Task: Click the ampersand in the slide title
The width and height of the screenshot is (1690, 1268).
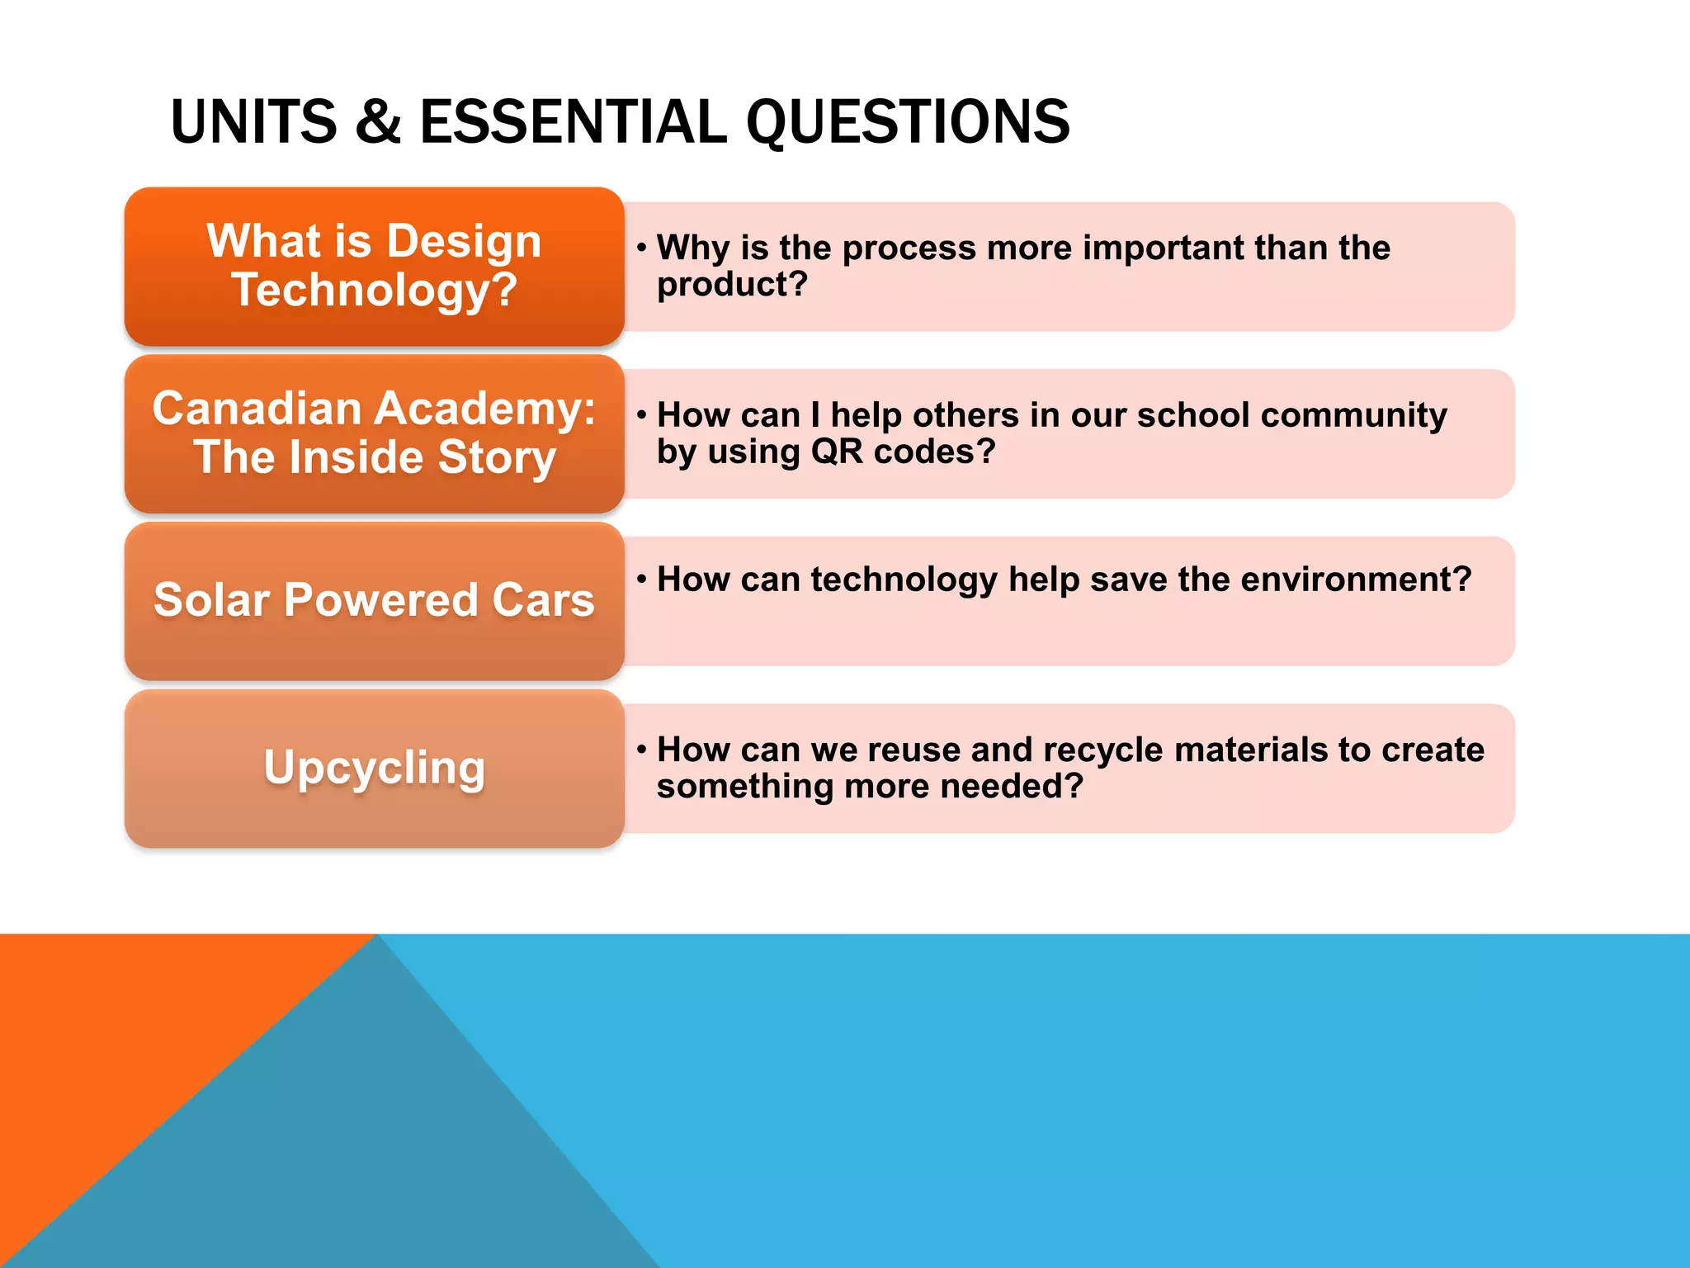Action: coord(378,122)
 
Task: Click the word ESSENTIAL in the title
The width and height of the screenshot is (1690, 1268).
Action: coord(573,122)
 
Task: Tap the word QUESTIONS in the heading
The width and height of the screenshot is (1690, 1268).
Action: coord(908,122)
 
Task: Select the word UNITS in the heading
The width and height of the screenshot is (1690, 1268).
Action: coord(253,122)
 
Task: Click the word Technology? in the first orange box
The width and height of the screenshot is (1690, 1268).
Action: coord(375,291)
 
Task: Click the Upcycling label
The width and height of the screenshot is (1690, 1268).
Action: coord(375,768)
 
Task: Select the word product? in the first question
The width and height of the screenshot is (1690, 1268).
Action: coord(732,285)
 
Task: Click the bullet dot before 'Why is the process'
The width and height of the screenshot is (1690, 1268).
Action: coord(641,248)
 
